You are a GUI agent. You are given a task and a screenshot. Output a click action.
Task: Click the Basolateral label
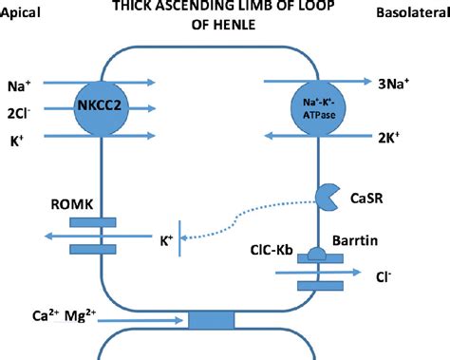[x=410, y=16]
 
